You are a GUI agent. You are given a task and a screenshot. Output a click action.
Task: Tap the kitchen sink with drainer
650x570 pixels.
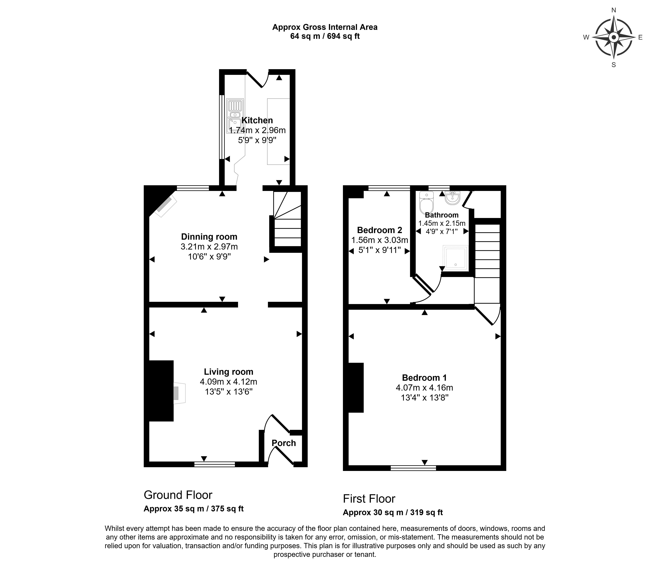tap(235, 116)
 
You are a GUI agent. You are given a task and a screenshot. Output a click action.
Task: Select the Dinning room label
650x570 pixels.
tap(209, 237)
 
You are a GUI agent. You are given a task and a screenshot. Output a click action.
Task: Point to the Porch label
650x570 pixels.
tap(284, 443)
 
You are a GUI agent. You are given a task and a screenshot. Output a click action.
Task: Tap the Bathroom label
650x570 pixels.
tap(442, 215)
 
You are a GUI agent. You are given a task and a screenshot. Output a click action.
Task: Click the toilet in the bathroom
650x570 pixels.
tap(426, 202)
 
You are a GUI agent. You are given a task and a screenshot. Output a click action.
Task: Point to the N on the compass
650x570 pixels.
tap(614, 10)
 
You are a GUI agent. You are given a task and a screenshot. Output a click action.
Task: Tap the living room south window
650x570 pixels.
tap(215, 465)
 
